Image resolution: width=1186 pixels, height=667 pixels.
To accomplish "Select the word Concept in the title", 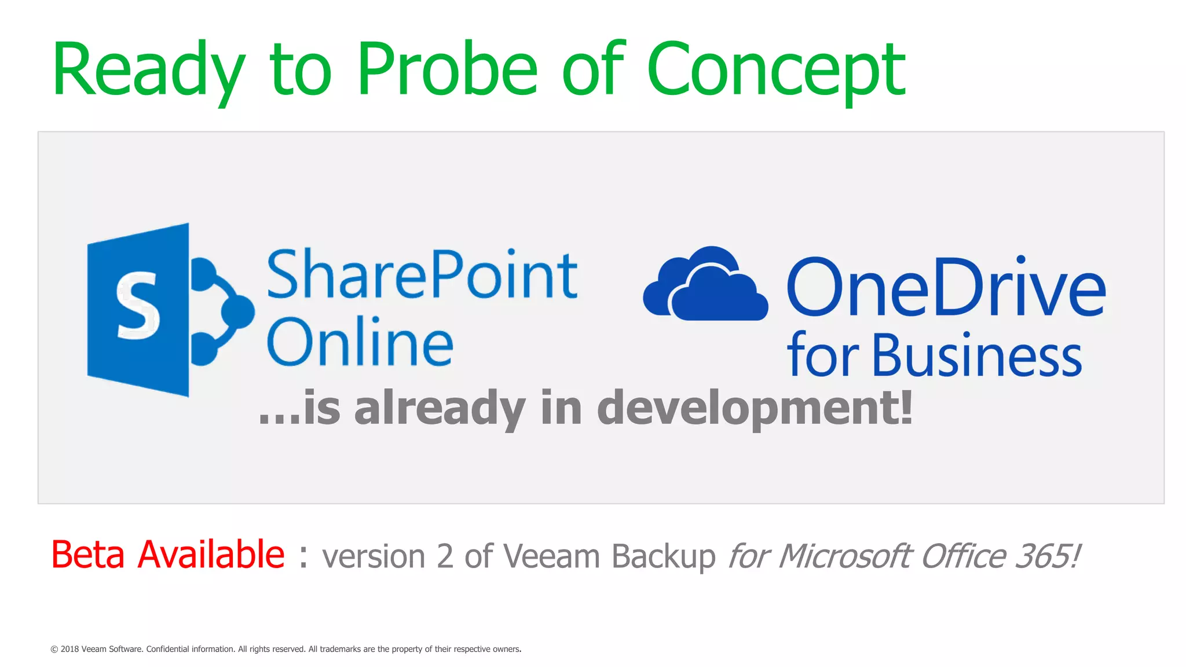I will (x=776, y=69).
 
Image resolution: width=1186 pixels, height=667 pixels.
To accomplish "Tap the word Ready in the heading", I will (x=148, y=69).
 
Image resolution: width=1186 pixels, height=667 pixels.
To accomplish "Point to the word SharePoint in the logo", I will (x=422, y=274).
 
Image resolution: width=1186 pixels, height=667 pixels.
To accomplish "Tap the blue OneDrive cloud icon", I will (x=705, y=285).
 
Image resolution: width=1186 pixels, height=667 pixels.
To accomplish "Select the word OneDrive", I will (x=946, y=288).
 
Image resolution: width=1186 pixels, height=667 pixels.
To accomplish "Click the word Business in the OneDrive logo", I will (x=976, y=356).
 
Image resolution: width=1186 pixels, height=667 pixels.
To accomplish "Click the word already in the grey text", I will (x=440, y=408).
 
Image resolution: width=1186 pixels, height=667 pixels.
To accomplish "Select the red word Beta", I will (x=88, y=555).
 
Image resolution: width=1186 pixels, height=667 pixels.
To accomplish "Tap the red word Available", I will (x=211, y=555).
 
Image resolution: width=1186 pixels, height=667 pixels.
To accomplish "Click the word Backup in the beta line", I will (x=664, y=557).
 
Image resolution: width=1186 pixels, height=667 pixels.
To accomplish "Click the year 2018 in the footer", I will (x=69, y=649).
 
